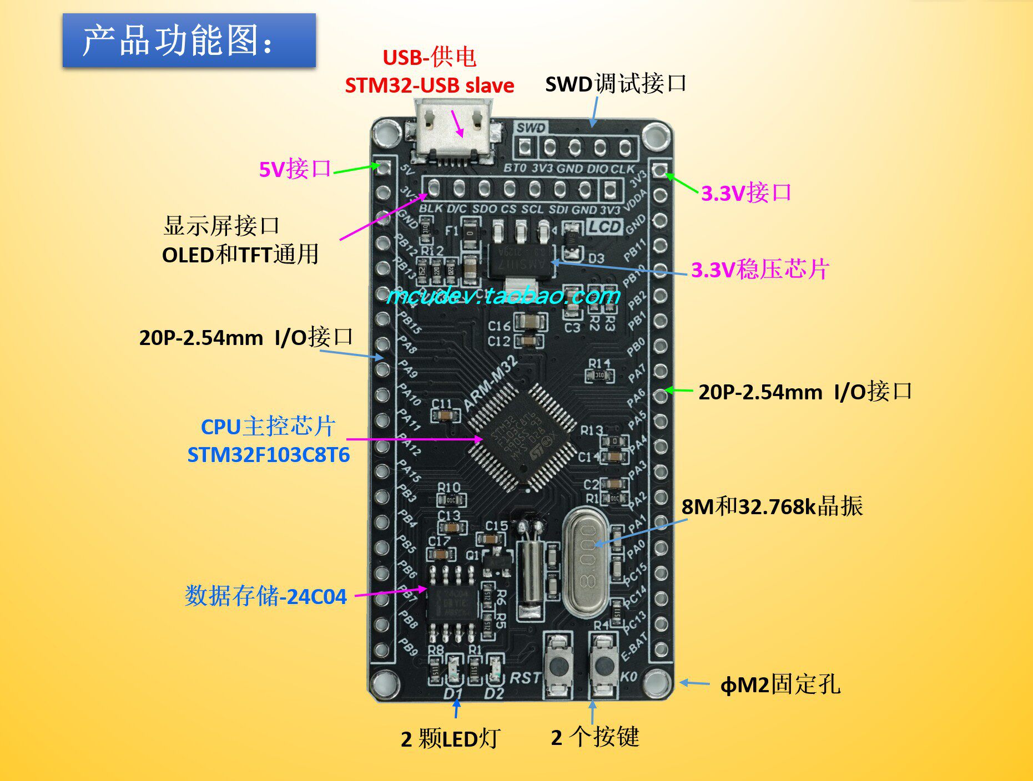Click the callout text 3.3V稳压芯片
pos(760,270)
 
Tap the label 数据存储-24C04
pos(265,596)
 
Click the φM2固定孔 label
pos(780,685)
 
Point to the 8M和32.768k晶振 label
pos(772,506)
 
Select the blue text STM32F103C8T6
pos(269,455)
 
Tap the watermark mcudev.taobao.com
pos(502,296)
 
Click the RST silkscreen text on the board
pos(525,678)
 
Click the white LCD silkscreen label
pos(604,226)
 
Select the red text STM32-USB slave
pos(429,85)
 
